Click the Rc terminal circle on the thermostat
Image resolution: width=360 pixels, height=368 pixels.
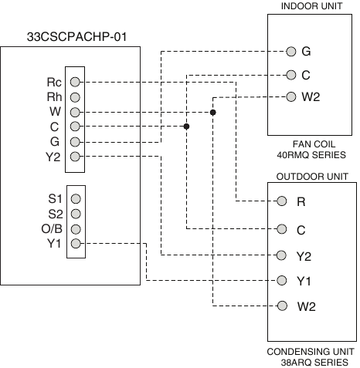pyautogui.click(x=75, y=82)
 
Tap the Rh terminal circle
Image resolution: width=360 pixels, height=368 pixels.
pyautogui.click(x=75, y=97)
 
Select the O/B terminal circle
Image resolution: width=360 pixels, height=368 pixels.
pyautogui.click(x=76, y=229)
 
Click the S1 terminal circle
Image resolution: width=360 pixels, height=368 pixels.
pyautogui.click(x=76, y=199)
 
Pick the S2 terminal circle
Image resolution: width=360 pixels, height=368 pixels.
pyautogui.click(x=76, y=214)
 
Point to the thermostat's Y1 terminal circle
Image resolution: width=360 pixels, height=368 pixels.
pyautogui.click(x=76, y=243)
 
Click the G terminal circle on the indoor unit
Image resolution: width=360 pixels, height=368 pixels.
pyautogui.click(x=291, y=52)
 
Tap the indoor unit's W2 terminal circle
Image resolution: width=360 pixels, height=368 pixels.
pyautogui.click(x=291, y=96)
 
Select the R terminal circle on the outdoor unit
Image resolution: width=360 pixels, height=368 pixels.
pyautogui.click(x=281, y=201)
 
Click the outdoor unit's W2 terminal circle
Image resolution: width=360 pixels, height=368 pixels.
pyautogui.click(x=282, y=306)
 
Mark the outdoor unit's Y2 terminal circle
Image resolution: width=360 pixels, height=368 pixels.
pyautogui.click(x=281, y=255)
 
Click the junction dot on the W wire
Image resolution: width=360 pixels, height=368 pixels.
pyautogui.click(x=212, y=113)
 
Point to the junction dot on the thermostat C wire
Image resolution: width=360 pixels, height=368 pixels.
pyautogui.click(x=186, y=127)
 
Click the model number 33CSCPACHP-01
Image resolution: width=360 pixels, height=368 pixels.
pyautogui.click(x=76, y=37)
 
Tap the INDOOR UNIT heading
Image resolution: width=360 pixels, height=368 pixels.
pyautogui.click(x=311, y=6)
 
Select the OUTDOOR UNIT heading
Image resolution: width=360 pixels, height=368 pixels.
pyautogui.click(x=312, y=177)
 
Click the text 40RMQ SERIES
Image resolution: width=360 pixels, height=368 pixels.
pyautogui.click(x=311, y=155)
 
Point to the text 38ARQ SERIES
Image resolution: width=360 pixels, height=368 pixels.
pyautogui.click(x=314, y=363)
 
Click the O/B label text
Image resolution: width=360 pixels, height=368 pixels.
pyautogui.click(x=52, y=228)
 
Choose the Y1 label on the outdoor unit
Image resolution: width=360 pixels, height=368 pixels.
pyautogui.click(x=304, y=281)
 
